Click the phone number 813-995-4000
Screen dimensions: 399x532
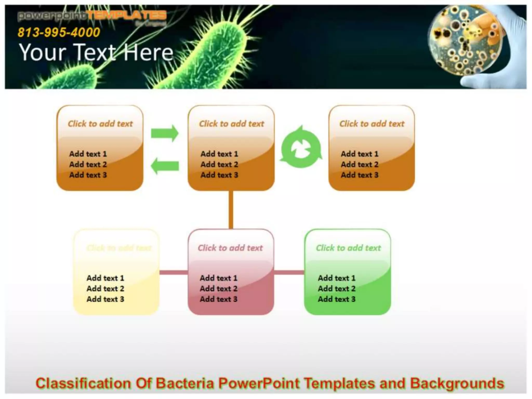tap(59, 33)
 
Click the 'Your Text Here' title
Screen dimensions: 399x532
tap(96, 52)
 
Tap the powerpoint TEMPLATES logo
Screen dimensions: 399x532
tap(92, 16)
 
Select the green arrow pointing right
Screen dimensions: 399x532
tap(165, 133)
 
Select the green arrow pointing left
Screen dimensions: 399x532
tap(165, 166)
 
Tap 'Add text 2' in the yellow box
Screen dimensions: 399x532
tap(105, 289)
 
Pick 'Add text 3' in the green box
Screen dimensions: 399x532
tap(336, 299)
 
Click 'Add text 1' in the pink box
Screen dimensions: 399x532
tap(218, 278)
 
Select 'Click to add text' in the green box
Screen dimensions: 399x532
tap(348, 248)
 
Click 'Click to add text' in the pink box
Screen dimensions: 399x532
tap(230, 248)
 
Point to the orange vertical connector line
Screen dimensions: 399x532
tap(231, 210)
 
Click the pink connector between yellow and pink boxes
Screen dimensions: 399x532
tap(173, 272)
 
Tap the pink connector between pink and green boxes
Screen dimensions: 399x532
tap(289, 272)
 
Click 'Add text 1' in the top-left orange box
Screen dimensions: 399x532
tap(88, 154)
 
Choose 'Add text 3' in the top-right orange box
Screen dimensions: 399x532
tap(360, 175)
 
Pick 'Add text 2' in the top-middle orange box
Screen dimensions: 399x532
tap(219, 164)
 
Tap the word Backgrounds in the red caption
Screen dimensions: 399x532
tap(457, 383)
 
